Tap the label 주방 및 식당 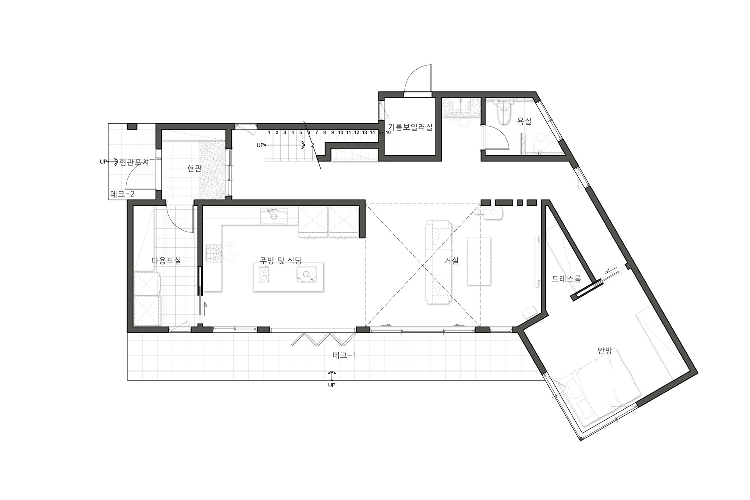pyautogui.click(x=281, y=260)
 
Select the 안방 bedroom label pyautogui.click(x=605, y=350)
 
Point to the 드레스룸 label pyautogui.click(x=566, y=279)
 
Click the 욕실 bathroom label pyautogui.click(x=524, y=121)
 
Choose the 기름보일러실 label pyautogui.click(x=410, y=127)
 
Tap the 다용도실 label pyautogui.click(x=166, y=261)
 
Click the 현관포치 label pyautogui.click(x=134, y=162)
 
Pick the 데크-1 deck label pyautogui.click(x=344, y=355)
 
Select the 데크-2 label pyautogui.click(x=123, y=194)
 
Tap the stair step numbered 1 pyautogui.click(x=269, y=132)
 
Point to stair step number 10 pyautogui.click(x=341, y=132)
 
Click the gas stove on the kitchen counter pyautogui.click(x=214, y=253)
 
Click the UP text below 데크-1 pyautogui.click(x=332, y=385)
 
